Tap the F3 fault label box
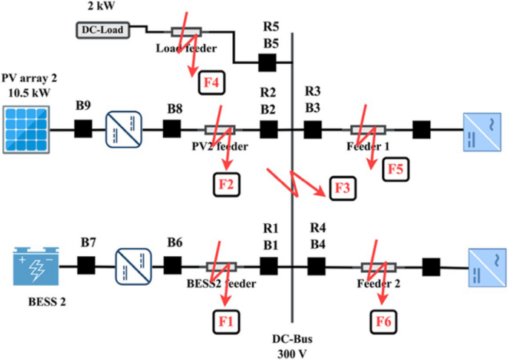340,189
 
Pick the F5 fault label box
395,170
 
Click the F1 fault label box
225,321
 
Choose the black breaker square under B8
171,129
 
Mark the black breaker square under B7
87,266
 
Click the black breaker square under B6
173,266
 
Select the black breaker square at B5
268,64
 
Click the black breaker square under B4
317,266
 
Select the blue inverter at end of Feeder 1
478,129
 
